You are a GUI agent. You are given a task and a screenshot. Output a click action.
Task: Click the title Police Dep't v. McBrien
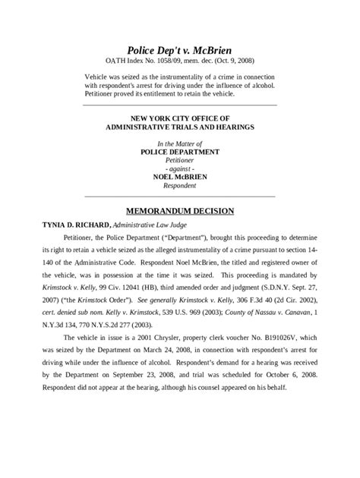[179, 50]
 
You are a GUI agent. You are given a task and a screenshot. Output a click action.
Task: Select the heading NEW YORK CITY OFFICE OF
[179, 119]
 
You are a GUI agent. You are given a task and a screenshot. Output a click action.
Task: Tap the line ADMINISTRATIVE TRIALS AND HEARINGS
[179, 128]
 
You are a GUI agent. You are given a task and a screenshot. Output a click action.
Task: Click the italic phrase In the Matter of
[179, 143]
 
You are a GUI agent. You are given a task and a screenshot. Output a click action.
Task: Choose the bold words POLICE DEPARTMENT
[179, 152]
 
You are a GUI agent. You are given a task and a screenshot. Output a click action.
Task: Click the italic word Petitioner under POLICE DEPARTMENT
[179, 160]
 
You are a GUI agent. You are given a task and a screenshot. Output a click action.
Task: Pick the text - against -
[179, 168]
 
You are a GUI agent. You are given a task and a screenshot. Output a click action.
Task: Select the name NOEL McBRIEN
[179, 177]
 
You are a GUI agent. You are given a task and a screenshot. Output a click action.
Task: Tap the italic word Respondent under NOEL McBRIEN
[179, 185]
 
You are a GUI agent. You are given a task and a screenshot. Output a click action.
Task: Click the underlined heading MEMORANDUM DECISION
[179, 210]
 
